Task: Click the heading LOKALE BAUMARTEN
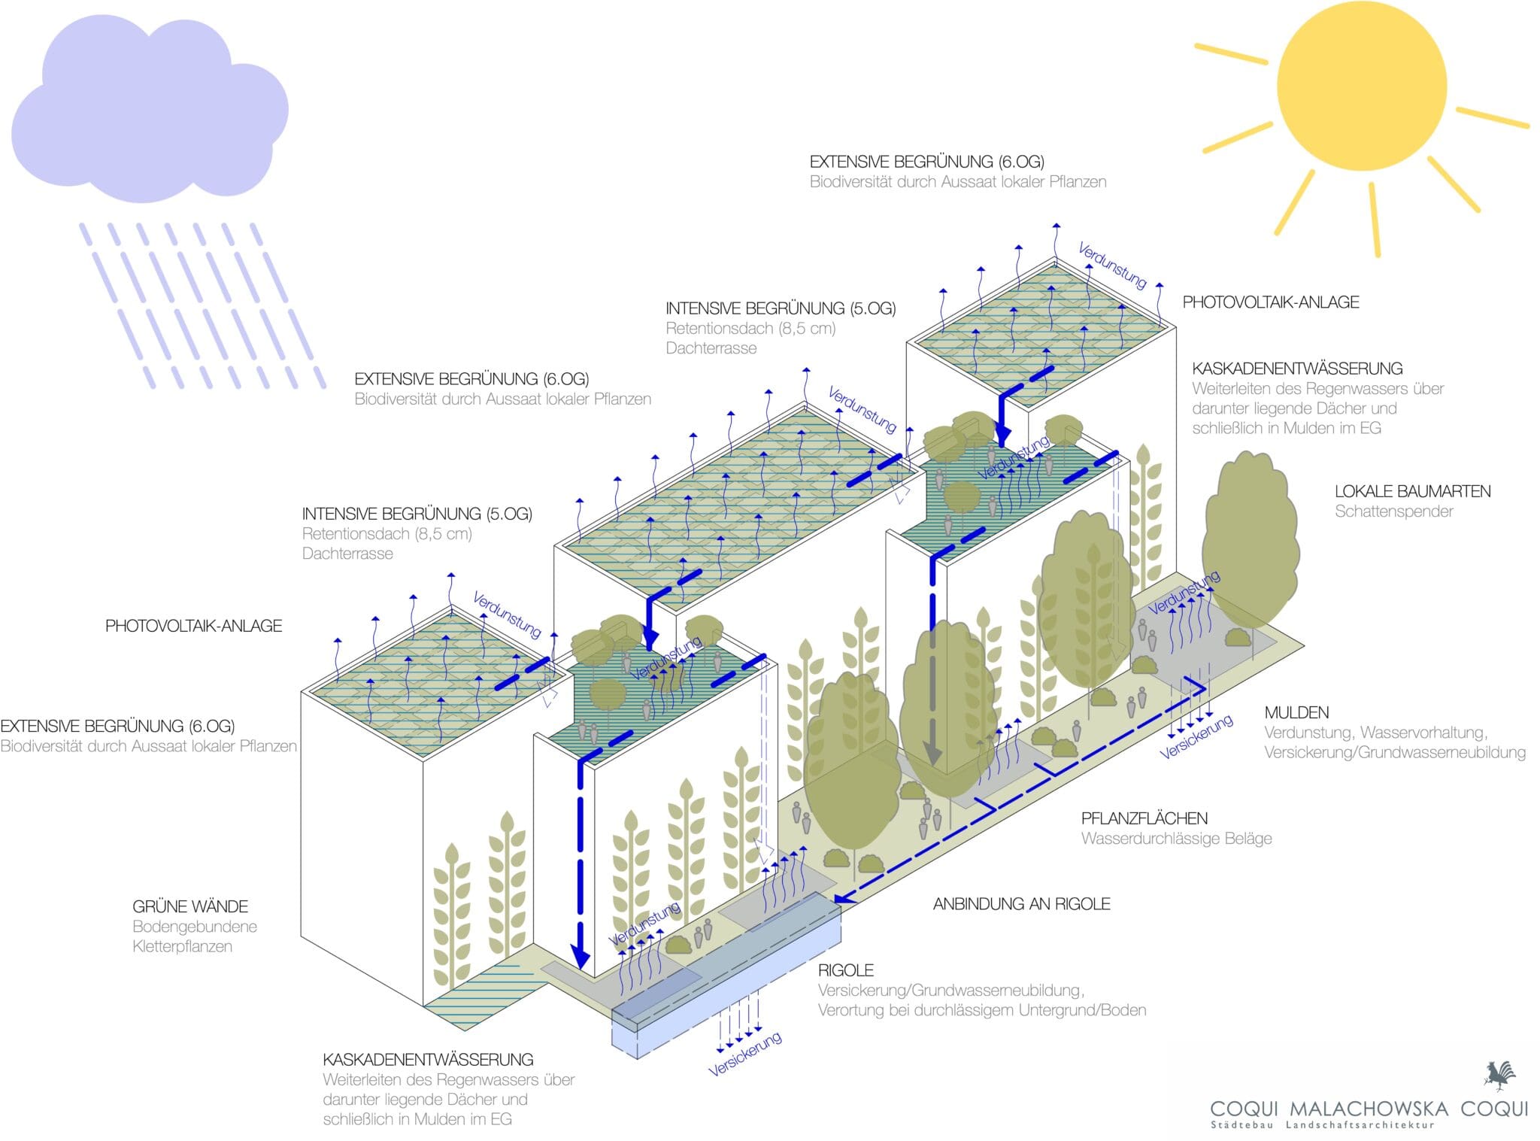coord(1412,492)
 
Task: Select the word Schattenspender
coord(1393,511)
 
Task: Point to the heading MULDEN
coord(1296,712)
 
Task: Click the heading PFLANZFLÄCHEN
coord(1144,818)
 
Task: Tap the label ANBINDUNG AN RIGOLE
coord(1021,904)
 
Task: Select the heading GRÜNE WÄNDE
coord(190,907)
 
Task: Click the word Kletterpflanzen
coord(182,946)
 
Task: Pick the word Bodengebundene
coord(195,927)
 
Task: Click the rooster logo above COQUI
coord(1499,1076)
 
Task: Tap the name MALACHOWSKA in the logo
coord(1369,1109)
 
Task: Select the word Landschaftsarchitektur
coord(1360,1126)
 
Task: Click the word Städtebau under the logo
coord(1241,1126)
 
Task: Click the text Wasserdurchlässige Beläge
coord(1176,839)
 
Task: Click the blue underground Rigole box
coord(726,978)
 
